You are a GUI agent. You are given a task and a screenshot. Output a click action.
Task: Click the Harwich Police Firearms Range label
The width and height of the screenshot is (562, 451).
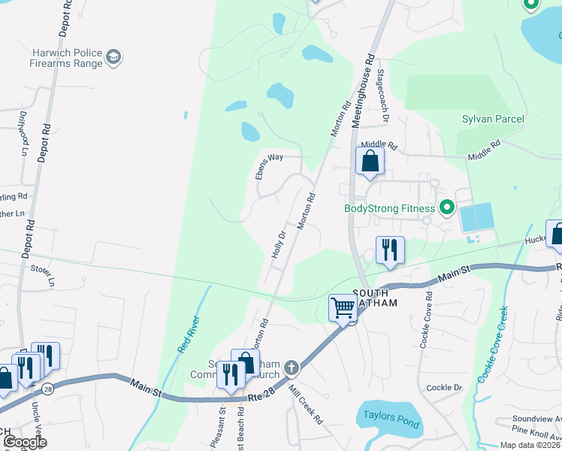pos(66,58)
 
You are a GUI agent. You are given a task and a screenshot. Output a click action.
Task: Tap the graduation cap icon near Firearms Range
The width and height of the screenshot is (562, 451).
pos(114,57)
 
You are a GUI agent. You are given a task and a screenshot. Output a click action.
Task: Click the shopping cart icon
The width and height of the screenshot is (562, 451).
pos(343,307)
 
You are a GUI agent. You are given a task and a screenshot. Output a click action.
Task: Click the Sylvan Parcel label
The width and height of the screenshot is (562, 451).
pos(493,120)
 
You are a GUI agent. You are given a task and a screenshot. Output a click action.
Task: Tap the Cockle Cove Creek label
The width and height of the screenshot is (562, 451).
pos(493,343)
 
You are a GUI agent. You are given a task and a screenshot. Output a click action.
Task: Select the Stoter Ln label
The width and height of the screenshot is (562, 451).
pos(42,274)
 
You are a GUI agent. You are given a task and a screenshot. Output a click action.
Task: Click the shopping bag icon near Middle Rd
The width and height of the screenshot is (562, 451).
pos(370,162)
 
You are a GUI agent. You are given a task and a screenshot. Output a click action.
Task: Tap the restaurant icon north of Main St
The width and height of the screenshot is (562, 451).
pos(389,250)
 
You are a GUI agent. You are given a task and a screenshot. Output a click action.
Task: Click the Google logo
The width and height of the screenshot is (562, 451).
pos(25,442)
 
